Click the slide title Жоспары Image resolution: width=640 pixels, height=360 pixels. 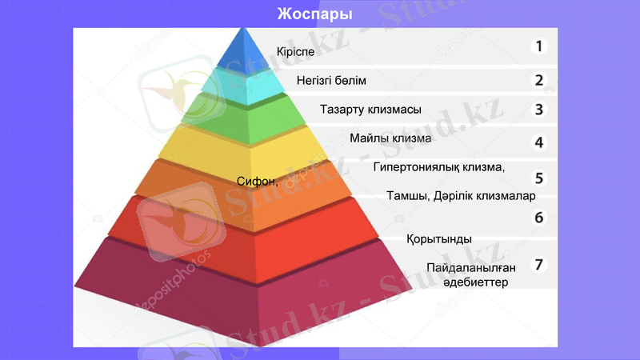[x=314, y=14]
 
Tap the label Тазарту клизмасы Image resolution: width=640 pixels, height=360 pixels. [x=370, y=109]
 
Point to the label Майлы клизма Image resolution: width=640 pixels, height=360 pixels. [x=390, y=138]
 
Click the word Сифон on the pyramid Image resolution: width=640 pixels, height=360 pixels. [x=256, y=182]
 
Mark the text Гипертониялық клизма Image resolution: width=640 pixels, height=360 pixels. [x=439, y=167]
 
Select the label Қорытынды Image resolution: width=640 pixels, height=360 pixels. [x=438, y=239]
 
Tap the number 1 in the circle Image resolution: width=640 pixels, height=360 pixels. [x=539, y=46]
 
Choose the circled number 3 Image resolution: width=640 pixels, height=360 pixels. [x=539, y=110]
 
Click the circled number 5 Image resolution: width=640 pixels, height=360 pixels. [x=539, y=178]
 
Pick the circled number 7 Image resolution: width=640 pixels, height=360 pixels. [x=539, y=264]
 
